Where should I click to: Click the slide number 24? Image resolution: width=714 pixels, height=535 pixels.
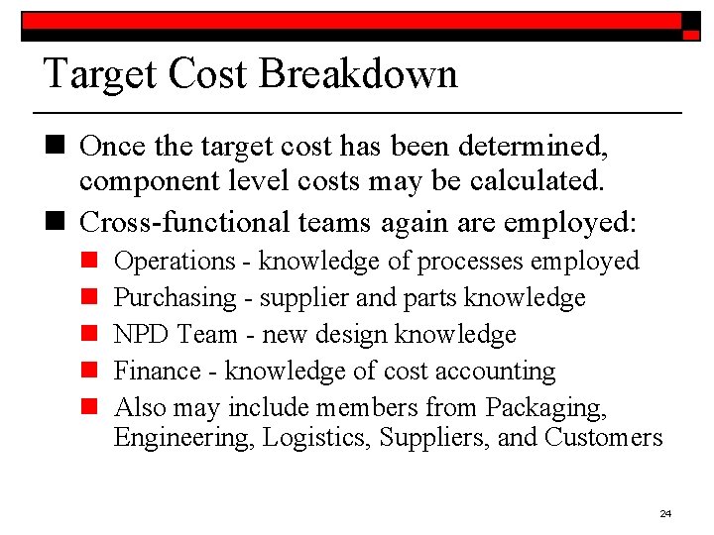click(x=665, y=513)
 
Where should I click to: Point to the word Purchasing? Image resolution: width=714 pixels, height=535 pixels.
click(x=176, y=298)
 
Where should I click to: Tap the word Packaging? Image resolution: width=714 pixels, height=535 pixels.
click(x=545, y=408)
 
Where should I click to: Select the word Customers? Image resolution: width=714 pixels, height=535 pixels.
click(x=604, y=438)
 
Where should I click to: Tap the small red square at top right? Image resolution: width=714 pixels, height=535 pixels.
click(x=691, y=34)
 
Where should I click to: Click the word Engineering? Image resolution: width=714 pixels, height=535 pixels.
click(x=184, y=438)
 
